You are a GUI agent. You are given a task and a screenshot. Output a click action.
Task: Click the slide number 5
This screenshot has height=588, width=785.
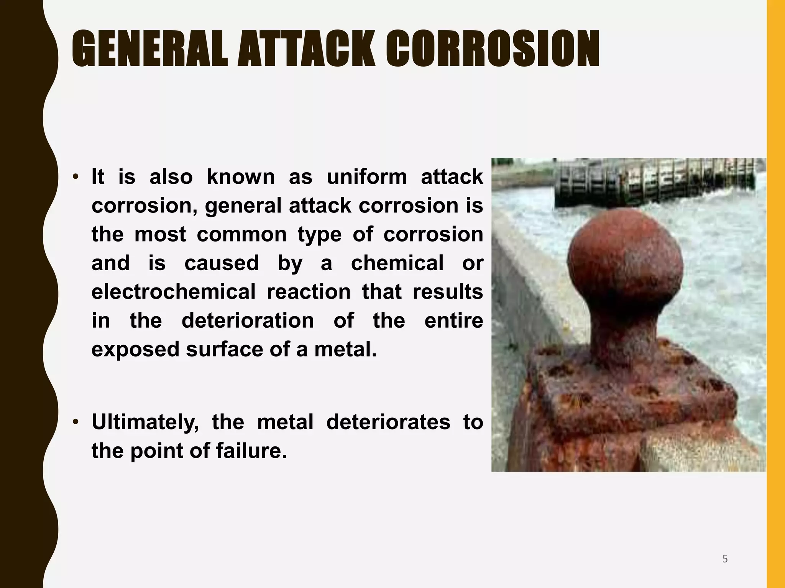725,559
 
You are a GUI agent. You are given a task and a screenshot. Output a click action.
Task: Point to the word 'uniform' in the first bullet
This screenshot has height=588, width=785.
367,177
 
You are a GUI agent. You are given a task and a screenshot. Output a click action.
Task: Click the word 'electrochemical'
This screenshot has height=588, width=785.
173,292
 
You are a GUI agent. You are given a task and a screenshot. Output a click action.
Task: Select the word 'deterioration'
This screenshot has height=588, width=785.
248,320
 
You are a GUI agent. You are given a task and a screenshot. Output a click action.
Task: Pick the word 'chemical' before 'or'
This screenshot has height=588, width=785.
397,263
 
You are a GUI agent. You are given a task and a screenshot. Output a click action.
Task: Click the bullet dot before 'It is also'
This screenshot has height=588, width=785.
76,177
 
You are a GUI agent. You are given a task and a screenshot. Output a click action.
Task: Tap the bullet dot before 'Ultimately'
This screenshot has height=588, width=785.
76,422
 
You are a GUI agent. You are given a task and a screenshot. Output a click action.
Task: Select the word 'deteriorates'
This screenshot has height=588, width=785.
388,422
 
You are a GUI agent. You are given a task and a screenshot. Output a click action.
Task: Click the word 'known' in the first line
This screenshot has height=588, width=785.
241,177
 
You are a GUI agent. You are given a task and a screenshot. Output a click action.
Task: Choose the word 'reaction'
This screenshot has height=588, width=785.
309,292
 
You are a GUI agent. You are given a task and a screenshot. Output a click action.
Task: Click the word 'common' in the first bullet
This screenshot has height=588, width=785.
241,234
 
